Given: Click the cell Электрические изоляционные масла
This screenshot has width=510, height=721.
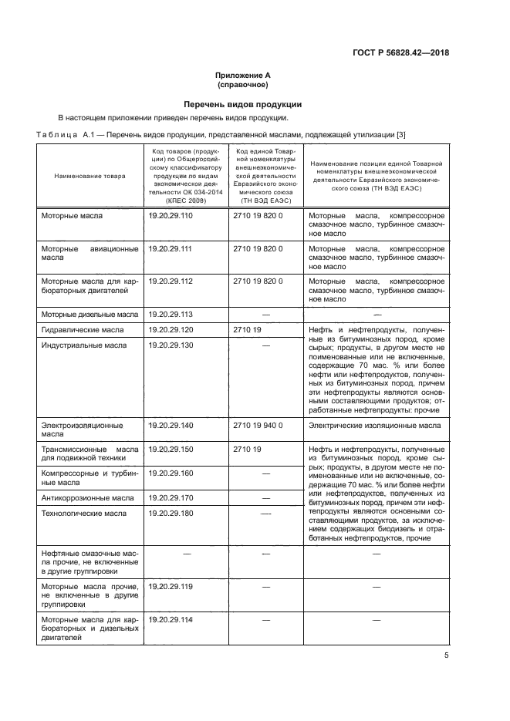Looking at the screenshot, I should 375,425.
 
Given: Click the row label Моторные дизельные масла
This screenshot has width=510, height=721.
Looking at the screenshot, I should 89,315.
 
